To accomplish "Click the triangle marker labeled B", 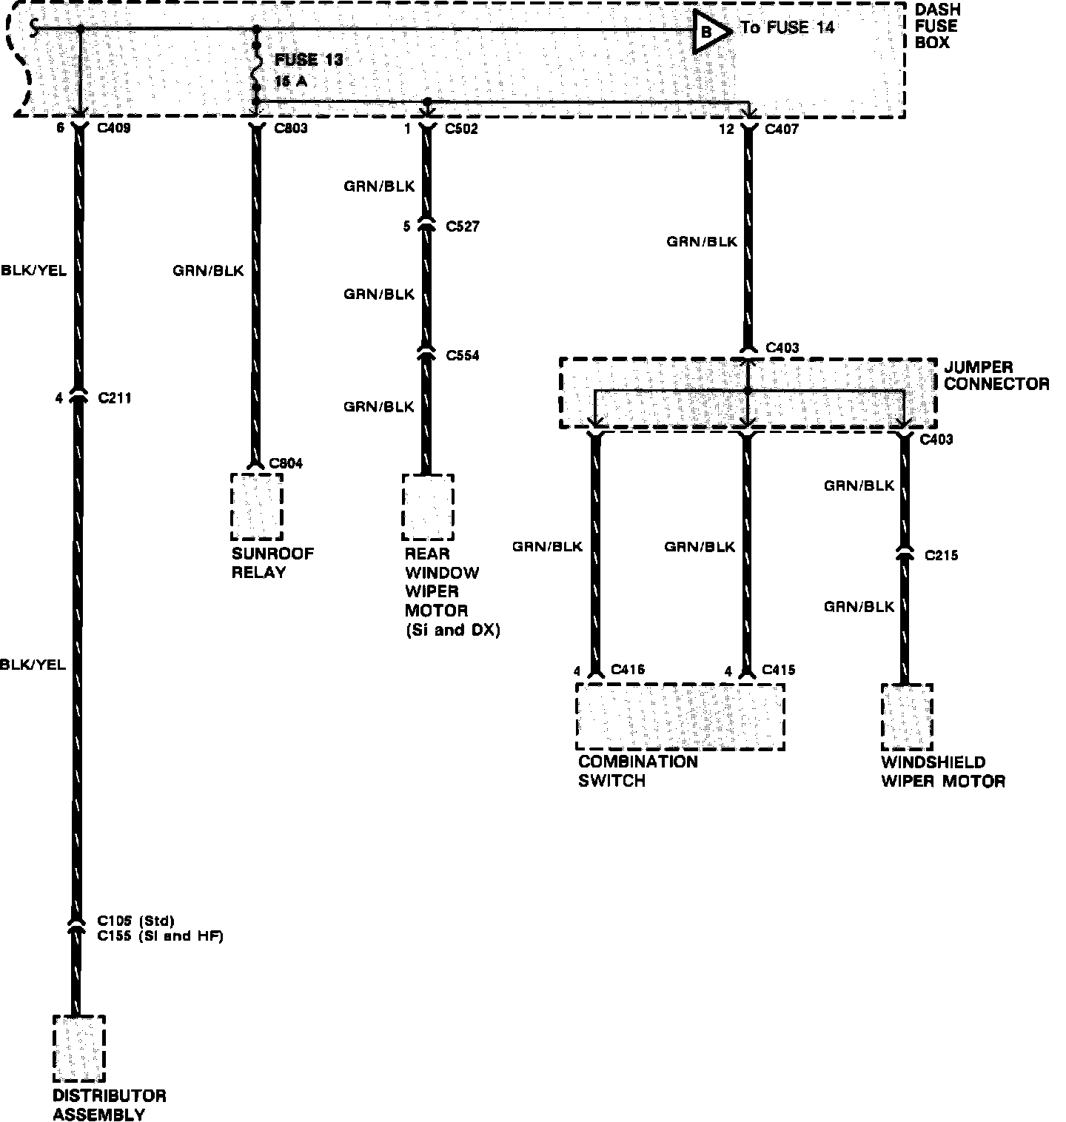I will click(707, 31).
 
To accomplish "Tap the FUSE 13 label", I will click(309, 60).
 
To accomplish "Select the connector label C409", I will click(114, 129).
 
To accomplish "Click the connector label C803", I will click(290, 129).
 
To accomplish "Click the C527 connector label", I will click(463, 226).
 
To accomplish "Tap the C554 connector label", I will click(463, 356).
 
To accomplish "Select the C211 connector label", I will click(115, 398).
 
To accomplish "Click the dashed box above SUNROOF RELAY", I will click(256, 507).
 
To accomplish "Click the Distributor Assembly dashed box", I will click(78, 1049).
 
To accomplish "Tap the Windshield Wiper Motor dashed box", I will click(906, 716).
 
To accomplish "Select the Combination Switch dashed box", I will click(680, 716).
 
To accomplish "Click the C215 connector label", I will click(941, 555).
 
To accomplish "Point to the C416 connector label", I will click(628, 671).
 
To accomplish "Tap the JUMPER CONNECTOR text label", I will click(996, 376).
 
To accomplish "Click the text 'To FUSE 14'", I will click(787, 28).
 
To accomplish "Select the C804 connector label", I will click(286, 463).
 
